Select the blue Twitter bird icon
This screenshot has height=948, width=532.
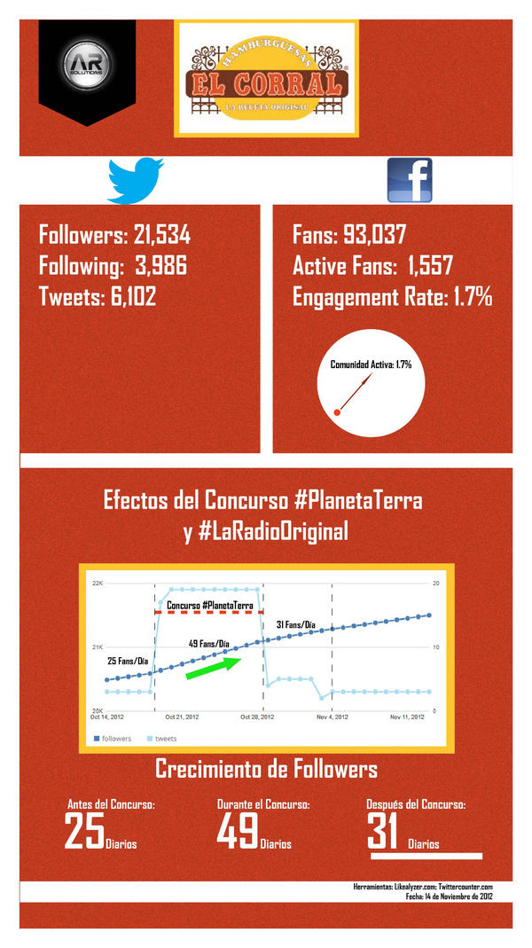pyautogui.click(x=136, y=180)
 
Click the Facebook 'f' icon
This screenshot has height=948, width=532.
pyautogui.click(x=409, y=180)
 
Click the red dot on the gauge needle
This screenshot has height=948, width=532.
pyautogui.click(x=337, y=411)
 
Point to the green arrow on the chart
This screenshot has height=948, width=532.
pyautogui.click(x=213, y=666)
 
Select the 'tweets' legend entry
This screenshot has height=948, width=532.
pyautogui.click(x=165, y=739)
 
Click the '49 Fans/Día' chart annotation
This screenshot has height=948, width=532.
pyautogui.click(x=209, y=644)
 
